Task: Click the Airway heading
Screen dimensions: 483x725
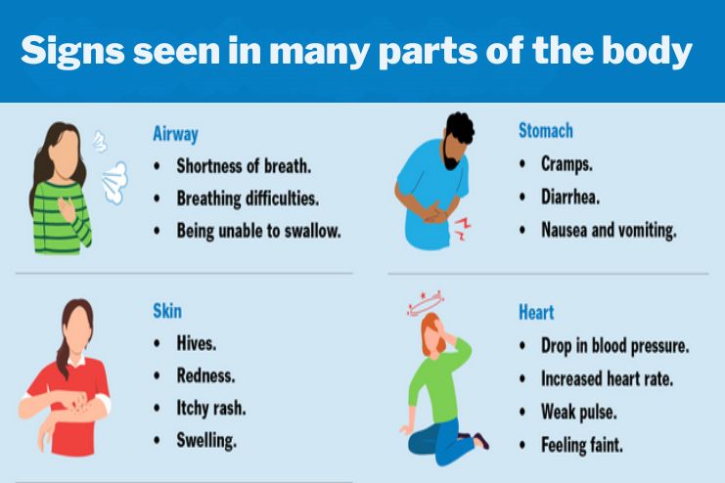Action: point(175,134)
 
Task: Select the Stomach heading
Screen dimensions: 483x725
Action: point(545,130)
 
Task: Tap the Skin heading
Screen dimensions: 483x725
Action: point(167,311)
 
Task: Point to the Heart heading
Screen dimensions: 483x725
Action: point(536,313)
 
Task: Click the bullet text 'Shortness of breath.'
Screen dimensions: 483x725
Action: point(244,166)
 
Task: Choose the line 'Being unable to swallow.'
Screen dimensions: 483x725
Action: point(258,232)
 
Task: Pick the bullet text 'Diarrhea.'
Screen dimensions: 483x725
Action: point(570,197)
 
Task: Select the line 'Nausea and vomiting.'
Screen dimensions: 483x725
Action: point(609,231)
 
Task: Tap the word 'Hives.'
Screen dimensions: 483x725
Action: point(197,344)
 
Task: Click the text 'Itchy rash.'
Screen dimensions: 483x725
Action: point(211,408)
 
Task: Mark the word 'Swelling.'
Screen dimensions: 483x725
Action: point(206,440)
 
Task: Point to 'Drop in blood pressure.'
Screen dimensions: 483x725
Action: point(615,346)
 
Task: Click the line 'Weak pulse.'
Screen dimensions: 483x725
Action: point(579,412)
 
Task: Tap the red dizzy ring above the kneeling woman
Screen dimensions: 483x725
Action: point(424,300)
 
